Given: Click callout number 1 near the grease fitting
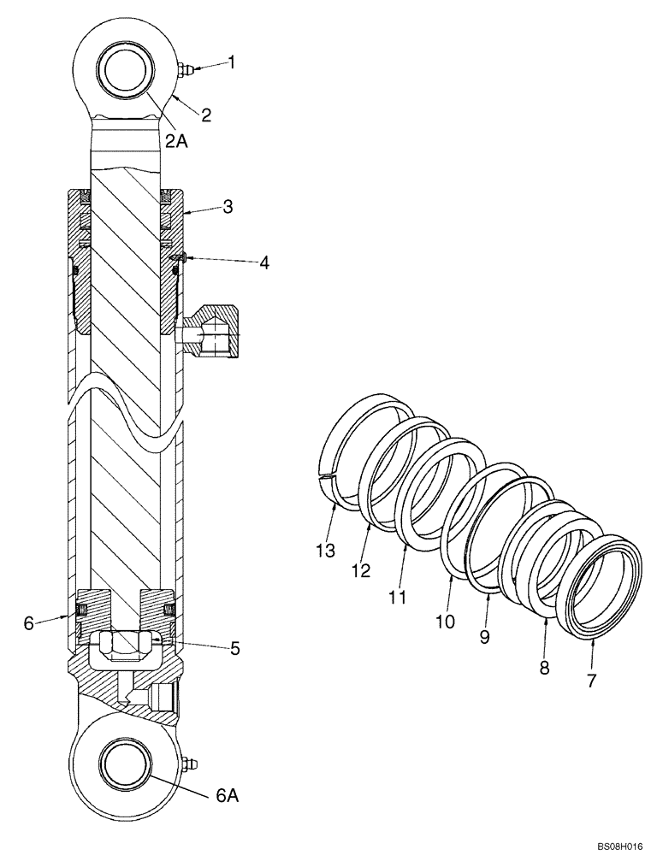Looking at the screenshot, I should click(230, 62).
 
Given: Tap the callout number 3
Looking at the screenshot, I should click(228, 206).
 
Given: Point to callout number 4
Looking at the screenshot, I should click(264, 262).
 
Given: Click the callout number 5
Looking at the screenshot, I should click(234, 648).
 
